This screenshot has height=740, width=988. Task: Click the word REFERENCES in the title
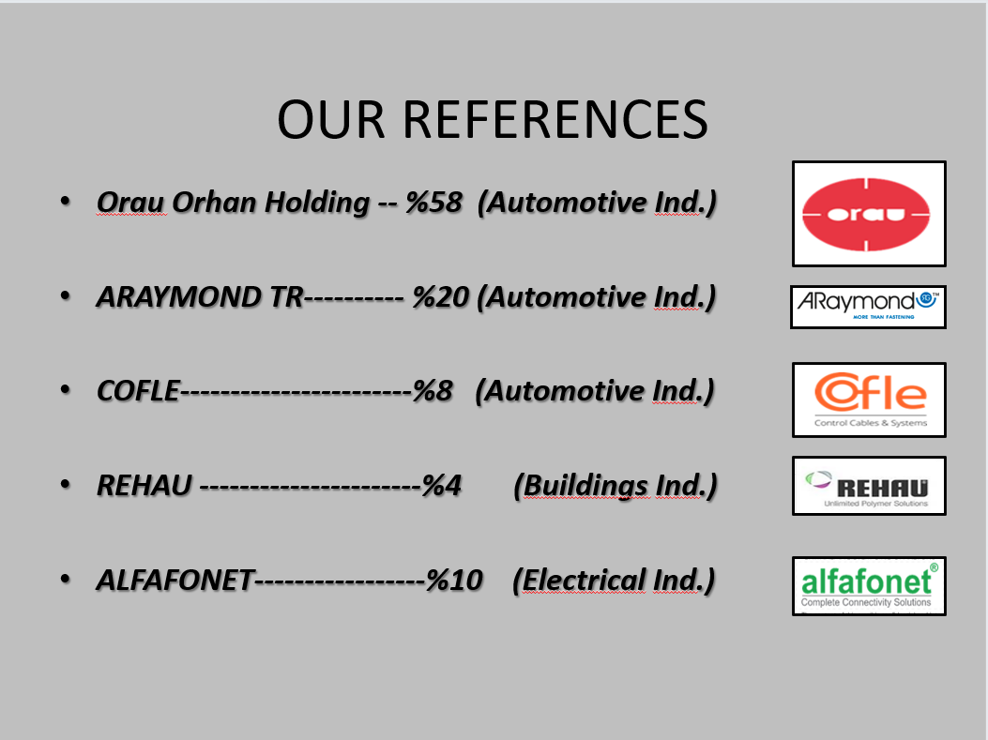tap(555, 120)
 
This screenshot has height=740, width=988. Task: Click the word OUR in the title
tap(331, 120)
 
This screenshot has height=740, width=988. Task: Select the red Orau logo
tap(869, 214)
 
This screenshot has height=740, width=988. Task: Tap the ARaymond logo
tap(868, 307)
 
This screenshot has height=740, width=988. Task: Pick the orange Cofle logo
tap(869, 400)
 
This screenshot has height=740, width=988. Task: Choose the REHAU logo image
tap(869, 486)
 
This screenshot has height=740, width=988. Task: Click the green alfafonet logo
tap(869, 585)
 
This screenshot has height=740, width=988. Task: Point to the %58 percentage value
tap(433, 203)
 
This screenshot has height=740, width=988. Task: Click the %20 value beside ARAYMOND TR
tap(440, 296)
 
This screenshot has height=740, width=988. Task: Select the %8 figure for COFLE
tap(433, 390)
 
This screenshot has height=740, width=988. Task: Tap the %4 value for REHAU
tap(442, 485)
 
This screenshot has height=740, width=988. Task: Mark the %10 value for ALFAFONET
tap(454, 580)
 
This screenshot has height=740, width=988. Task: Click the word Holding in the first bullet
tap(317, 204)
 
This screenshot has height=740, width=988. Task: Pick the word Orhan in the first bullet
tap(214, 203)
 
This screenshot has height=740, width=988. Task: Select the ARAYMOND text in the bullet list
tap(178, 296)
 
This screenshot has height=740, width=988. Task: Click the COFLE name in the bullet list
tap(139, 390)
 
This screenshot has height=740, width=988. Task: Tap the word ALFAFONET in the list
tap(175, 580)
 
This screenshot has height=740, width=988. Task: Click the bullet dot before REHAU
tap(65, 484)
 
